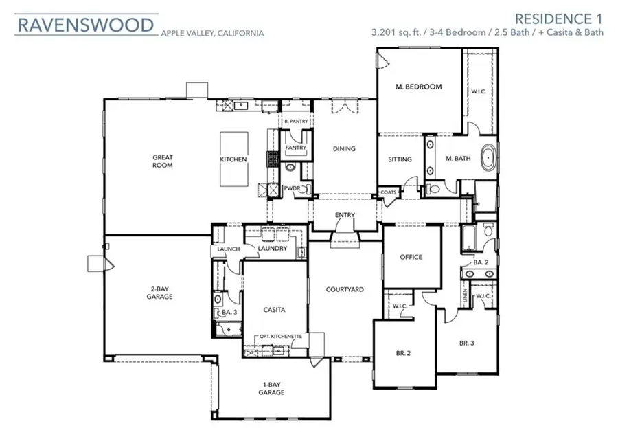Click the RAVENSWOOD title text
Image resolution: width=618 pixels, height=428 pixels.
tap(85, 25)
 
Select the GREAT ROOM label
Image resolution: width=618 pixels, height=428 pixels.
tap(163, 161)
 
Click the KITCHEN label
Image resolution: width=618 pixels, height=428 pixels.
tap(233, 159)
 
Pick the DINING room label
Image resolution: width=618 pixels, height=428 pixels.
tap(344, 148)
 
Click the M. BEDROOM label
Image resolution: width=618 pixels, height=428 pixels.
tap(418, 87)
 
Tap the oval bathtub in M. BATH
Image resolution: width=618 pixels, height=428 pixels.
tap(488, 158)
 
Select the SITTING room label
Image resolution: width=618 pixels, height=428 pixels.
tap(400, 159)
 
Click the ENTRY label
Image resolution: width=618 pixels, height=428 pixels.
tap(345, 216)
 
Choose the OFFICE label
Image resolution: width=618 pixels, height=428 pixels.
tap(411, 257)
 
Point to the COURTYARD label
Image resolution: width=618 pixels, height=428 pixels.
tap(345, 289)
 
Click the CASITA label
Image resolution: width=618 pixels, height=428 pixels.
tap(275, 310)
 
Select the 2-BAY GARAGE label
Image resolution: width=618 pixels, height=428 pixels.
tap(159, 293)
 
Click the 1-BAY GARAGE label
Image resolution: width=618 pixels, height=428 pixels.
tap(273, 388)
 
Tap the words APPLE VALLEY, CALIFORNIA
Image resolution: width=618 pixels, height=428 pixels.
tap(211, 32)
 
